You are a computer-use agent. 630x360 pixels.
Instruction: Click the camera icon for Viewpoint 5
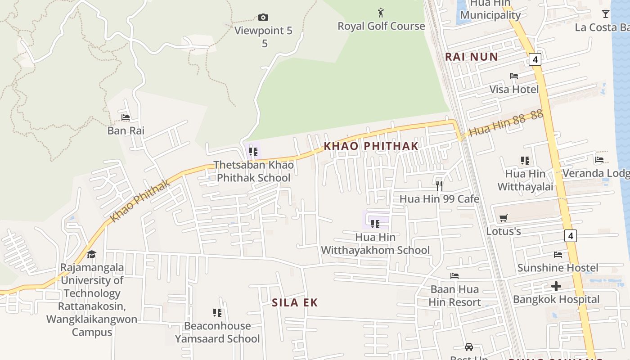[263, 18]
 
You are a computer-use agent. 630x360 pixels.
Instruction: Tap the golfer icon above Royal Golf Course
[381, 13]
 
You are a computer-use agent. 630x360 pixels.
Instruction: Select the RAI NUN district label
[472, 57]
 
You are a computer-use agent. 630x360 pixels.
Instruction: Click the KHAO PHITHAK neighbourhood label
[371, 146]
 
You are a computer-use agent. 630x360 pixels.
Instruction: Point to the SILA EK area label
[295, 303]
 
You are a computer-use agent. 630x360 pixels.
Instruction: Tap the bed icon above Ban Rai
[126, 117]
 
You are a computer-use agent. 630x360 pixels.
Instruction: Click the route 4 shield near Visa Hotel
[535, 59]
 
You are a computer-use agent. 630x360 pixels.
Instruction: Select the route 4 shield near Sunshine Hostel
[570, 235]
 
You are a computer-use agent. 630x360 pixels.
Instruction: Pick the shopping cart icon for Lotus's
[504, 218]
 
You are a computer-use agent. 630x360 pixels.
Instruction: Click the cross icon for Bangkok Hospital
[556, 286]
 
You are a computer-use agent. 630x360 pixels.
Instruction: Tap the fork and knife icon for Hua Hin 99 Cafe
[439, 185]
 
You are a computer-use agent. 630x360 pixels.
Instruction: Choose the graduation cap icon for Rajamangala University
[92, 254]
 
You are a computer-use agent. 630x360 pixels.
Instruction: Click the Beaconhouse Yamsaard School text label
[217, 332]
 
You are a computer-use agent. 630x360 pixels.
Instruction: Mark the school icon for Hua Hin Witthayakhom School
[375, 224]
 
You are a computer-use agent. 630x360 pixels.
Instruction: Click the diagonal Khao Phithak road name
[140, 201]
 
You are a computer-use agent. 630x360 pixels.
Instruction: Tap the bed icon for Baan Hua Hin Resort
[454, 276]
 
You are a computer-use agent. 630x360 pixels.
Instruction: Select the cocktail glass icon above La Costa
[606, 14]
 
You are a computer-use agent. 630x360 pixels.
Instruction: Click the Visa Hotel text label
[514, 89]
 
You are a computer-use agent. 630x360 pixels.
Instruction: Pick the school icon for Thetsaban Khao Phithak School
[253, 152]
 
